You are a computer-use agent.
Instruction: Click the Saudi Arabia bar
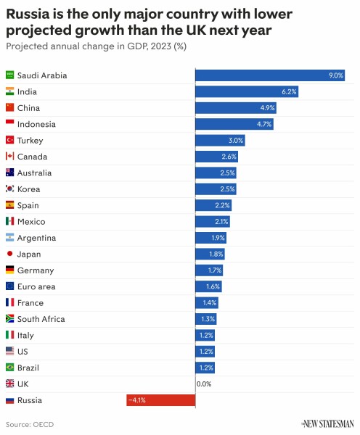coord(270,75)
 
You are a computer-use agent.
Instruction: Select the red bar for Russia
coord(160,400)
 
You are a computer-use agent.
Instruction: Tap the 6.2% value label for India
coord(290,92)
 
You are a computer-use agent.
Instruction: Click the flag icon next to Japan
coord(10,254)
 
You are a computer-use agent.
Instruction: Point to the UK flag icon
coord(10,384)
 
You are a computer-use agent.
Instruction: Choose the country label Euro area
coord(36,286)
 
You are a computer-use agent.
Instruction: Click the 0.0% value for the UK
coord(204,384)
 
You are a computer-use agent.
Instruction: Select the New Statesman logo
coord(327,423)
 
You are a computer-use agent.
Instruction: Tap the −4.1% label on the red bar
coord(137,400)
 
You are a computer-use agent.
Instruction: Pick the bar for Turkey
coord(221,141)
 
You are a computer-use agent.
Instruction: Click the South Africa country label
coord(41,319)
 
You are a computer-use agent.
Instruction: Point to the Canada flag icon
coord(10,157)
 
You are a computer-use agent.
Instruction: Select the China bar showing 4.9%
coord(235,108)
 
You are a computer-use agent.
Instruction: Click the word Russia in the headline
coord(30,12)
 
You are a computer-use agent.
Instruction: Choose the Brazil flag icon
coord(10,368)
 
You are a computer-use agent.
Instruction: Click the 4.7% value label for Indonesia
coord(264,125)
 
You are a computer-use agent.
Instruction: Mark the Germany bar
coord(209,270)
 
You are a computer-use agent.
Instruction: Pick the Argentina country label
coord(36,238)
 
